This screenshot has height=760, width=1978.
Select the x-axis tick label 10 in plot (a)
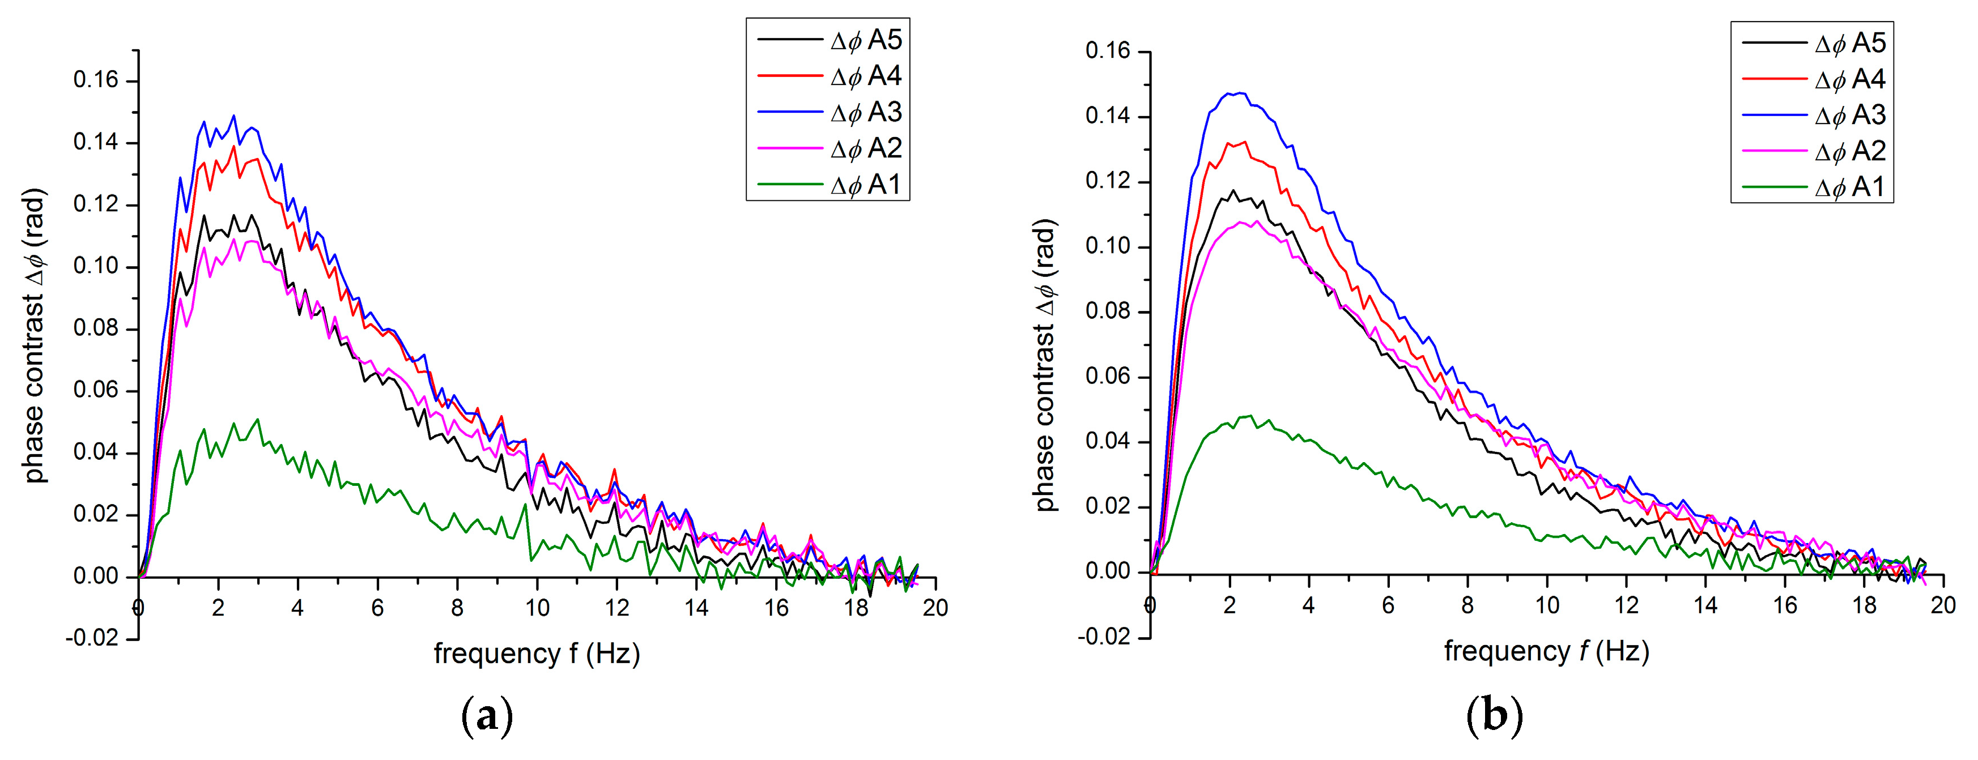click(x=537, y=608)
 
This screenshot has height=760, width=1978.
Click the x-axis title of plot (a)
click(x=537, y=654)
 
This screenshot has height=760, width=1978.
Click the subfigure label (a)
click(x=487, y=717)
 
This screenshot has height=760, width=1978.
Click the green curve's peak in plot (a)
click(x=257, y=419)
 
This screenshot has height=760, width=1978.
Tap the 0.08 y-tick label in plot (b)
click(x=1108, y=311)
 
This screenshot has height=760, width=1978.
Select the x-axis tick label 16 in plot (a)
click(x=776, y=608)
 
